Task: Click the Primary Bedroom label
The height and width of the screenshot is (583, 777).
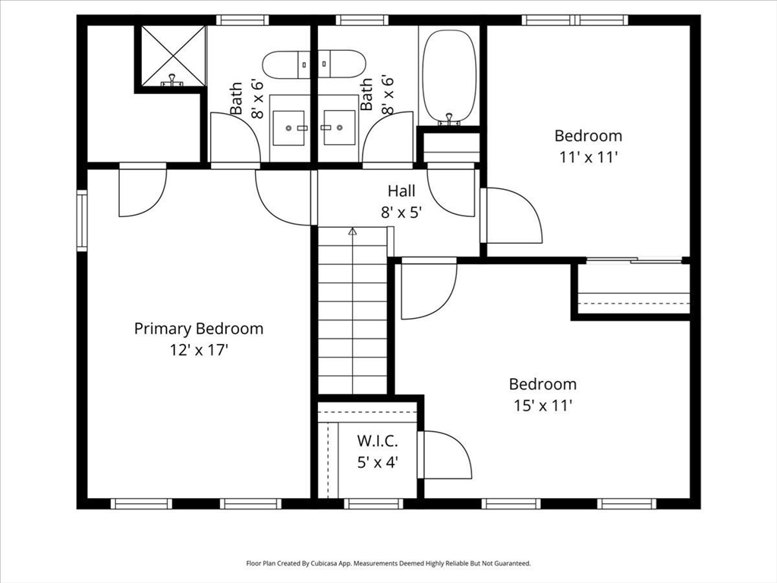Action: (x=199, y=329)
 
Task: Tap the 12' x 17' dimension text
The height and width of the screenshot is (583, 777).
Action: (x=199, y=350)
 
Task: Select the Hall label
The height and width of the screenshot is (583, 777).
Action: (x=401, y=191)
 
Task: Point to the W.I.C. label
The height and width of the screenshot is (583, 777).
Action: (x=377, y=441)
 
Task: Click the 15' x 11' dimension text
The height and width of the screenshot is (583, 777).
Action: (x=543, y=405)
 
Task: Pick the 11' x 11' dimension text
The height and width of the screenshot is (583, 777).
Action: (x=588, y=157)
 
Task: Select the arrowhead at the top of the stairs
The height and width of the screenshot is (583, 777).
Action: (x=352, y=232)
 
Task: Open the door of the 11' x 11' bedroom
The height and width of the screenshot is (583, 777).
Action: (x=513, y=216)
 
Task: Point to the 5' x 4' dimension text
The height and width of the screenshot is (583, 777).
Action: (x=377, y=462)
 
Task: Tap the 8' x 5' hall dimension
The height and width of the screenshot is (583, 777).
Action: (x=401, y=213)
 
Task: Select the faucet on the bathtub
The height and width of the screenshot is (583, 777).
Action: (x=449, y=118)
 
